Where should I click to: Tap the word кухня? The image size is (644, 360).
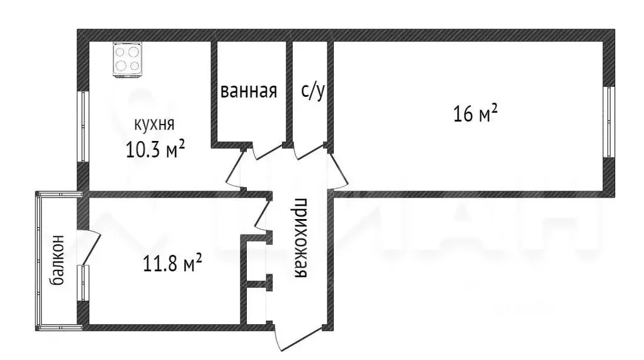[x=154, y=123]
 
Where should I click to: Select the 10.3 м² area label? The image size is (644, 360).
[x=155, y=149]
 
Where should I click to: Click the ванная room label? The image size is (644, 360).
[x=249, y=91]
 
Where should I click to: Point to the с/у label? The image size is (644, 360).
[x=313, y=91]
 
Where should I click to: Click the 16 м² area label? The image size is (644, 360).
[x=475, y=114]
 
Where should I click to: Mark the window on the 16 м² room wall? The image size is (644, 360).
[x=607, y=121]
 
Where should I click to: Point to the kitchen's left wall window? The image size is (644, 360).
[x=81, y=126]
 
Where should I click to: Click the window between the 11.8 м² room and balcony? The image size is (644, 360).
[x=82, y=283]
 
